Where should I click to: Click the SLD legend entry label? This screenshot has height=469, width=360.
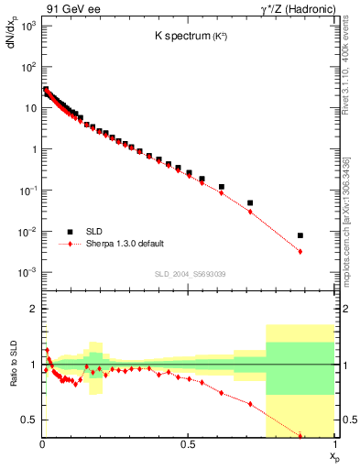(94, 231)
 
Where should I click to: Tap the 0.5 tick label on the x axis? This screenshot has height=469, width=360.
(188, 445)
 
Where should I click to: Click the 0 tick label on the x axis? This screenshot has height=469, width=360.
(42, 445)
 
